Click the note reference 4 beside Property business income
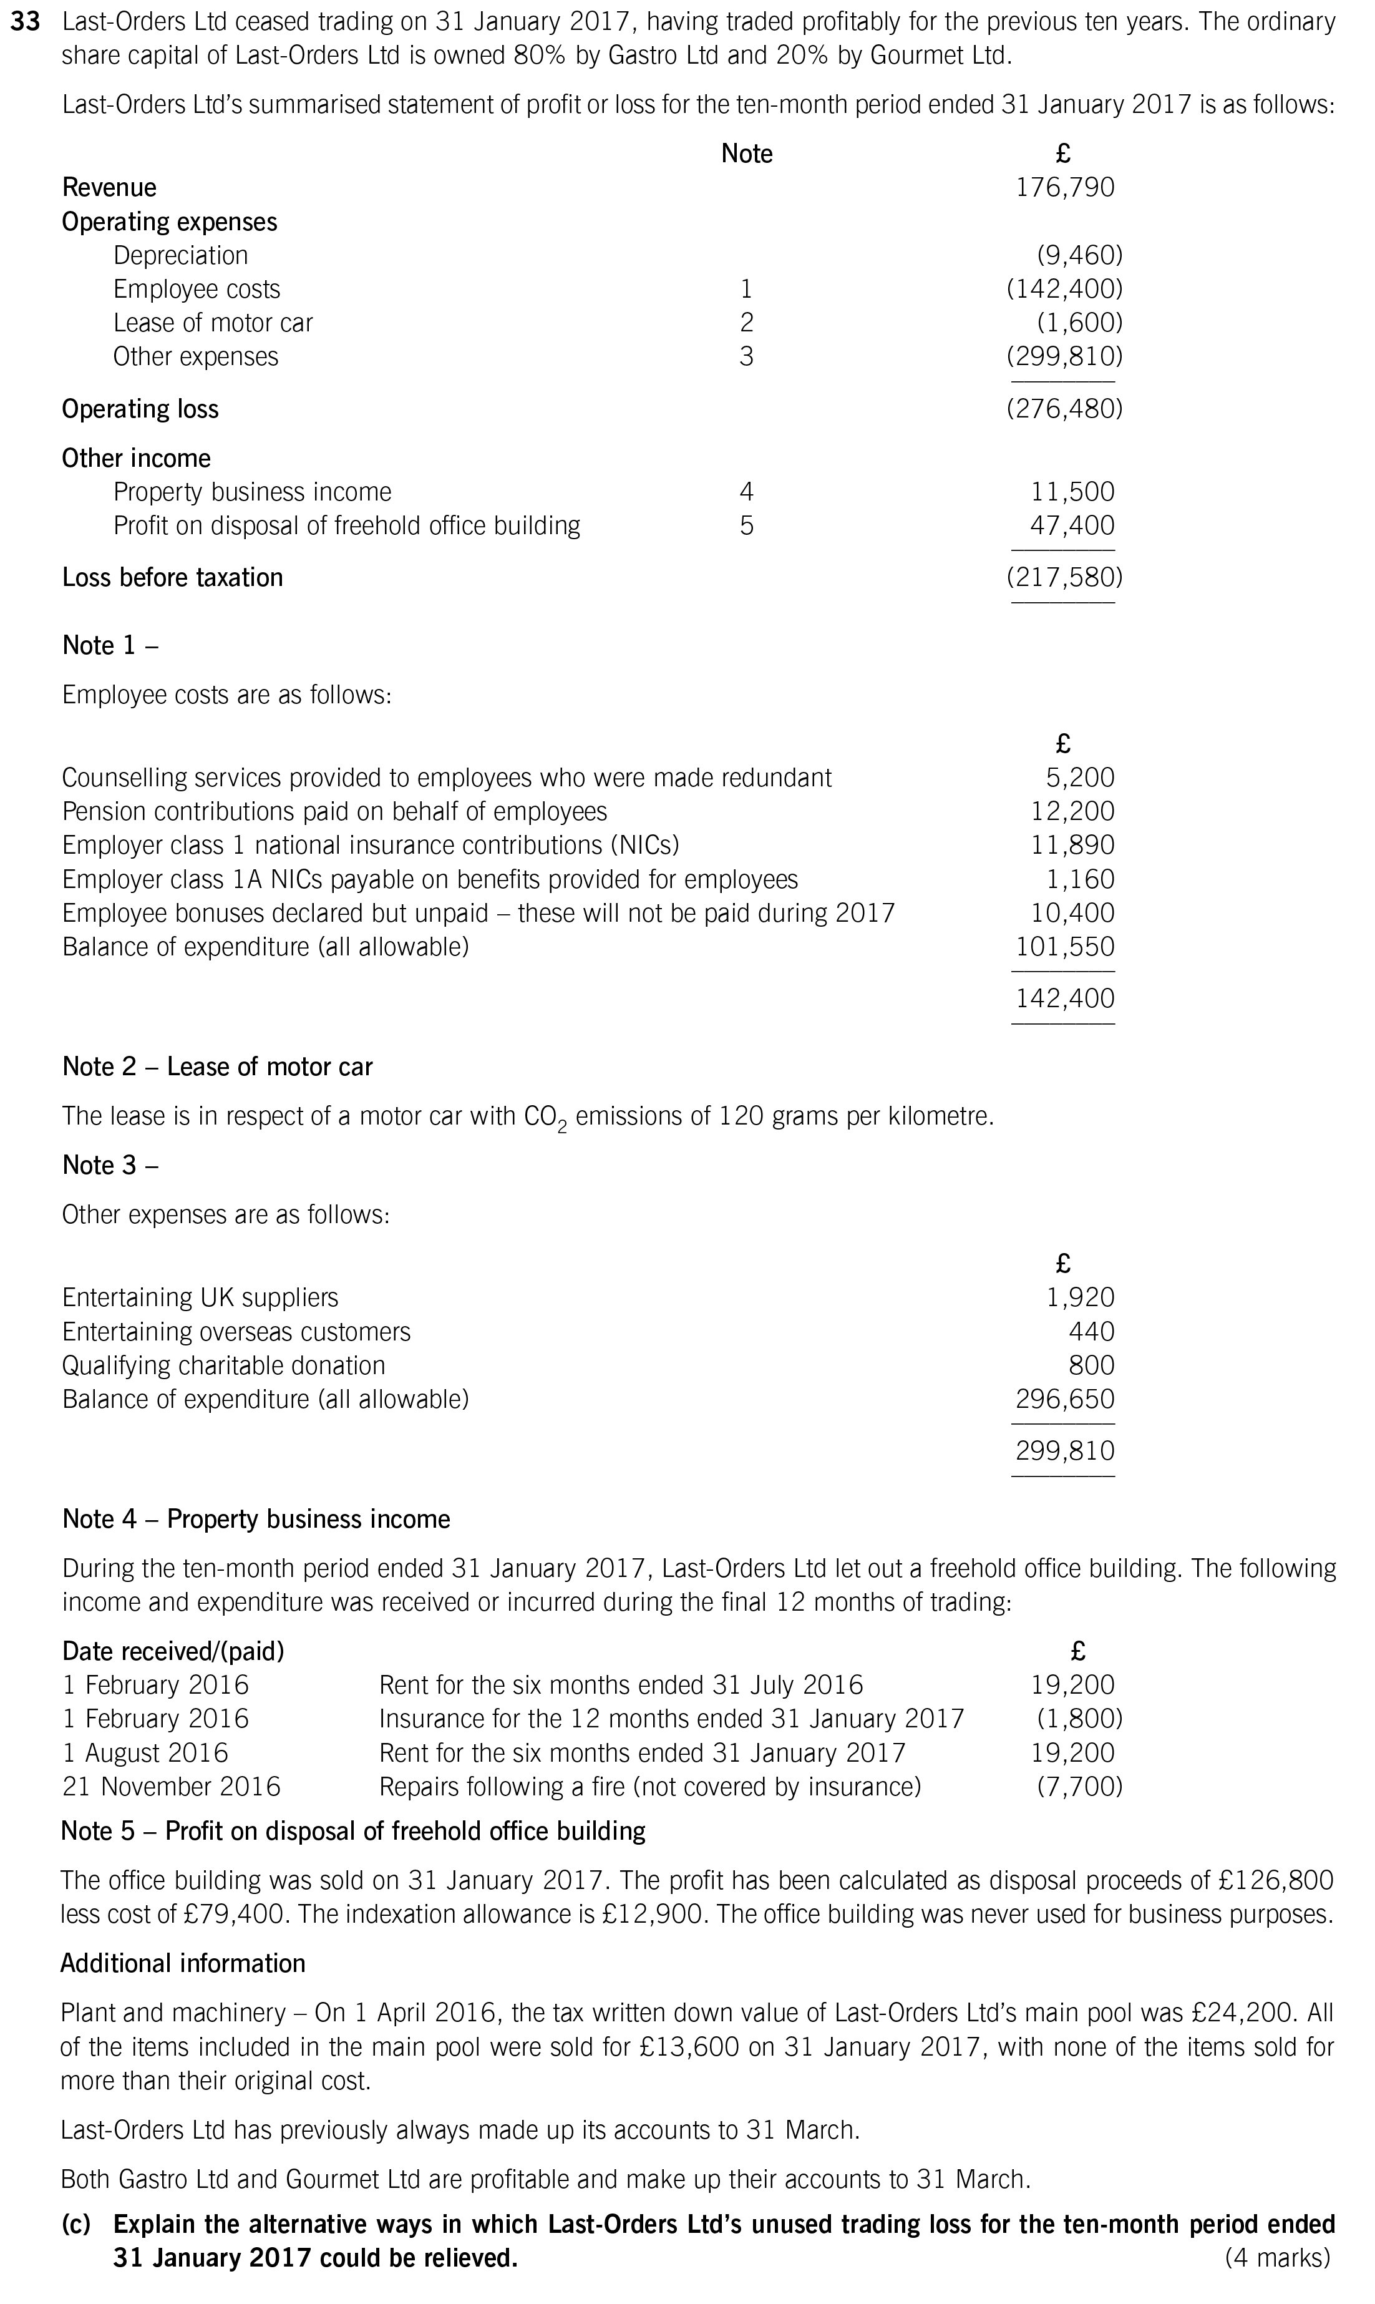(746, 492)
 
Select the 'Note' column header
(746, 154)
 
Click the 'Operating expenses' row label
(170, 222)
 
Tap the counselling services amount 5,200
(1081, 778)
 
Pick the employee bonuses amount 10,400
(1073, 913)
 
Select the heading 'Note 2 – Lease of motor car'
(217, 1067)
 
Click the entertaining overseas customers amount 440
(1092, 1332)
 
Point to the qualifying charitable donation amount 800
(1092, 1365)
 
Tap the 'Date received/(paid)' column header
(173, 1651)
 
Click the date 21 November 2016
(172, 1786)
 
